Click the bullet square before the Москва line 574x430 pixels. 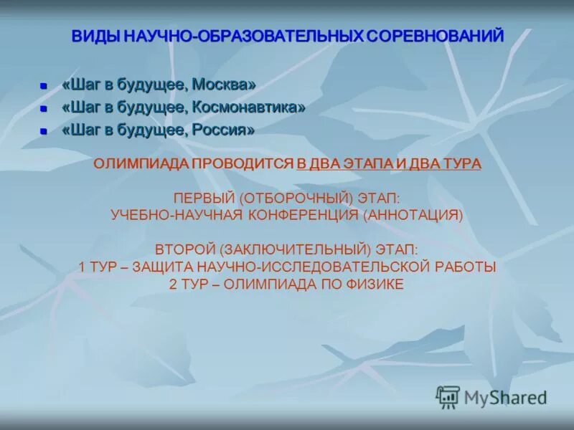pyautogui.click(x=43, y=86)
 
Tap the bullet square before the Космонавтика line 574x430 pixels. pyautogui.click(x=43, y=109)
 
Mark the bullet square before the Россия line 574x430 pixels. pyautogui.click(x=43, y=132)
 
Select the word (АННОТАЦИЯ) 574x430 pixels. pyautogui.click(x=413, y=214)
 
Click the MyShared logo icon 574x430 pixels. pyautogui.click(x=448, y=396)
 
